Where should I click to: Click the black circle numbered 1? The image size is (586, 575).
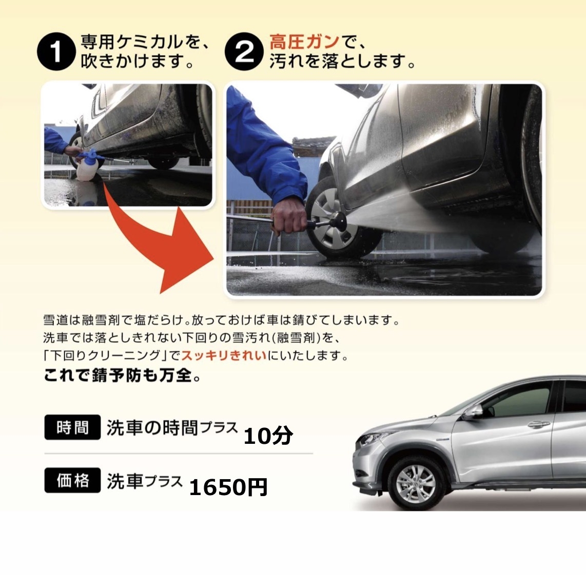point(55,52)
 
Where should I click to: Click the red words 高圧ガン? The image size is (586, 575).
point(305,42)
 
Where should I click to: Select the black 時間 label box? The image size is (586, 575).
point(72,427)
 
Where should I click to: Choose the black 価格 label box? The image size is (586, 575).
point(72,480)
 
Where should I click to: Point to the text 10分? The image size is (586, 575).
point(268,436)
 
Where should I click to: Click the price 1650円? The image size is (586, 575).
point(228,487)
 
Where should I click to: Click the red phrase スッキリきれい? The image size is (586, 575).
point(224,355)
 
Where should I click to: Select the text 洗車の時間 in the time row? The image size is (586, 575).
point(152,427)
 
